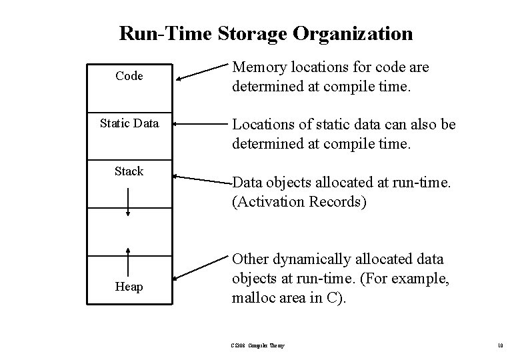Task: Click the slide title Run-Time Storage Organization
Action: point(265,33)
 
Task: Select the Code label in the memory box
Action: point(129,76)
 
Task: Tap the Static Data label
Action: point(129,123)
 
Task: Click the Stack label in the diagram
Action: point(129,171)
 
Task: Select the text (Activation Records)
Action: point(299,202)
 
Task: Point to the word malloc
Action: point(251,298)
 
